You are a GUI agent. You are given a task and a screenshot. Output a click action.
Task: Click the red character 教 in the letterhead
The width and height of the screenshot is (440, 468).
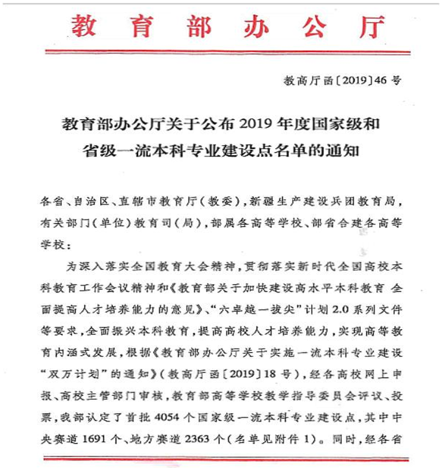pyautogui.click(x=84, y=25)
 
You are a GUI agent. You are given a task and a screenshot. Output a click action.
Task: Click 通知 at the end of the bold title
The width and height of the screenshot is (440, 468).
pyautogui.click(x=343, y=150)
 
